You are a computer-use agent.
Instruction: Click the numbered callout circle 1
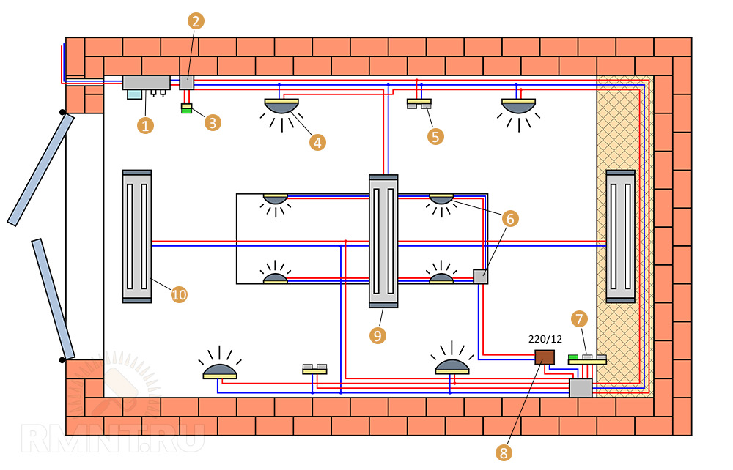(146, 125)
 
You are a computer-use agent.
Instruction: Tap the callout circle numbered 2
(195, 20)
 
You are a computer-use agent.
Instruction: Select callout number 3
(213, 122)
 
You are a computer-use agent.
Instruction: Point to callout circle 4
(317, 142)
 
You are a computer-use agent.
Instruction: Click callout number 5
(436, 135)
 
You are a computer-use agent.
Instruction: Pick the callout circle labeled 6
(510, 218)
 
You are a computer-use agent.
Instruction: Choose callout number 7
(580, 318)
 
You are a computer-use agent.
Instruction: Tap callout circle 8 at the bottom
(503, 453)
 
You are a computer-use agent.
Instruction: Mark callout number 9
(377, 335)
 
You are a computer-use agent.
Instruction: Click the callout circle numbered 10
(179, 294)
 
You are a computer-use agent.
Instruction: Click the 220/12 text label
(544, 340)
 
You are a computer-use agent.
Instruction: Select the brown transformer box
(544, 357)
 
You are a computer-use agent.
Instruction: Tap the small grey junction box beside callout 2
(187, 83)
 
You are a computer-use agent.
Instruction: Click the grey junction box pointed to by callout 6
(480, 277)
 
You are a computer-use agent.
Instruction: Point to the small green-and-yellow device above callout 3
(187, 109)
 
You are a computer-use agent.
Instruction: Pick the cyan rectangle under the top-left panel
(135, 94)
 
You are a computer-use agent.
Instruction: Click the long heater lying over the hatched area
(620, 236)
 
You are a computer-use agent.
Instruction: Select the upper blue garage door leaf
(41, 169)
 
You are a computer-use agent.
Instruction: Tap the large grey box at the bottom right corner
(581, 388)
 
